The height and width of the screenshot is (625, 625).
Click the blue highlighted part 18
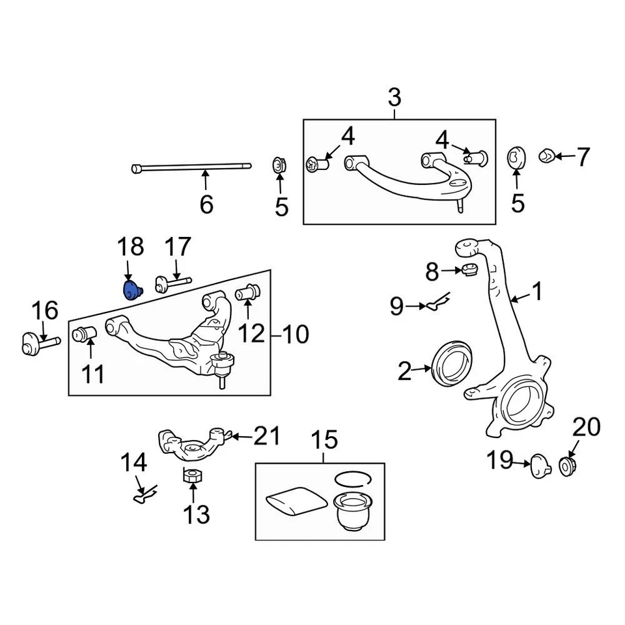[x=133, y=290]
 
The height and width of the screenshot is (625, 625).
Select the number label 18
[x=130, y=247]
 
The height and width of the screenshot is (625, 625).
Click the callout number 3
[x=395, y=98]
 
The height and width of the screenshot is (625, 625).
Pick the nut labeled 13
[x=191, y=476]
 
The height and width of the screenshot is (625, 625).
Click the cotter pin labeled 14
[x=142, y=496]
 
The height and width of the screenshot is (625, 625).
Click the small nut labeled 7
[x=547, y=156]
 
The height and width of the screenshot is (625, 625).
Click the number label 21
[x=267, y=436]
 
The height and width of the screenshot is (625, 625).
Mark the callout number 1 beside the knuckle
[x=537, y=292]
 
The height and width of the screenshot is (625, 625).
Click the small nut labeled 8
[x=469, y=270]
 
